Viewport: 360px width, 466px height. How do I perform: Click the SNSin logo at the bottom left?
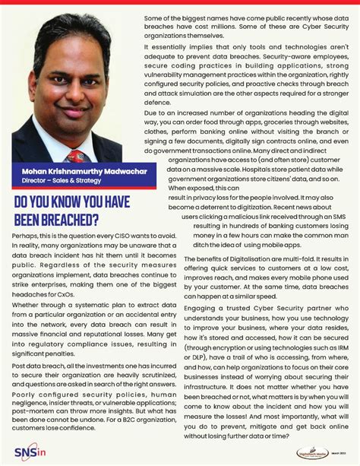(29, 449)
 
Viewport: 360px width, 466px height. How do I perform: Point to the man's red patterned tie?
(76, 156)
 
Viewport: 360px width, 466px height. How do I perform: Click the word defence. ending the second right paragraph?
(158, 102)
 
